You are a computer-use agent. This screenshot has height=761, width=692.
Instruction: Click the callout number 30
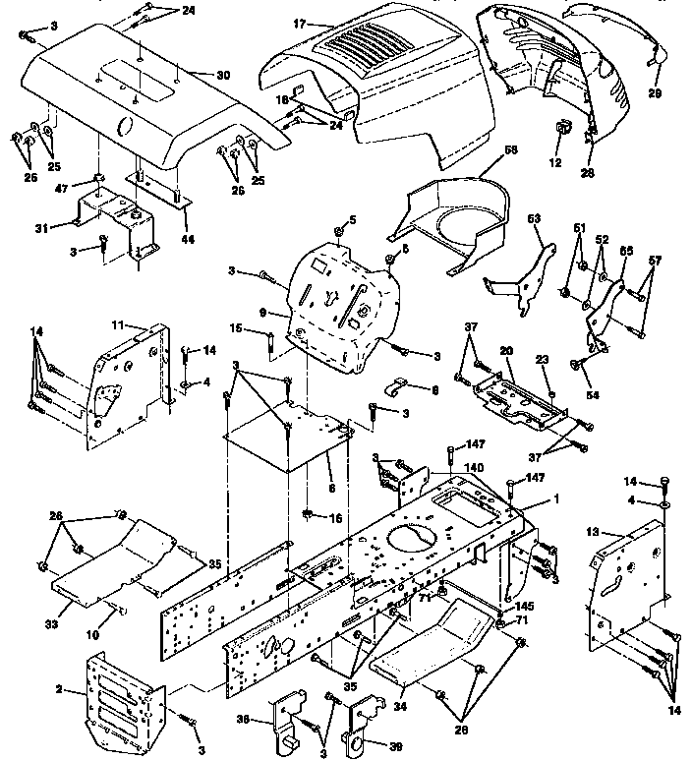(222, 75)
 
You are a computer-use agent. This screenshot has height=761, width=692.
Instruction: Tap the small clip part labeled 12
(564, 130)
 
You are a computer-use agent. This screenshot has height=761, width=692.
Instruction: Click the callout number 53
(535, 234)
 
